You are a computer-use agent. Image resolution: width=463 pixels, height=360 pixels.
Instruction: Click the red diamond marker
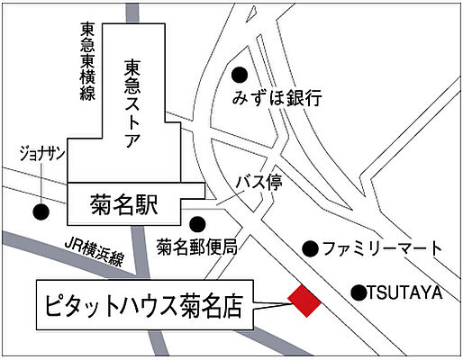click(304, 301)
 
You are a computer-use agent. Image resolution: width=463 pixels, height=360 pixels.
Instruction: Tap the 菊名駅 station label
click(125, 204)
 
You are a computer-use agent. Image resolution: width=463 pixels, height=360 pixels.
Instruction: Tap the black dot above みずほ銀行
click(241, 76)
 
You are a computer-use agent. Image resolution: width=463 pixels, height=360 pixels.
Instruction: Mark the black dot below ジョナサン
click(40, 212)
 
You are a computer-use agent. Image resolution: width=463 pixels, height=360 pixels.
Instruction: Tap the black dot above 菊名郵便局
click(198, 222)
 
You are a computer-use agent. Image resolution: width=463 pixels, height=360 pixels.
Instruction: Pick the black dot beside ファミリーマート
click(310, 247)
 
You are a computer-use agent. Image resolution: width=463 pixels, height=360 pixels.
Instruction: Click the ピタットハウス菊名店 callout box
click(144, 305)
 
